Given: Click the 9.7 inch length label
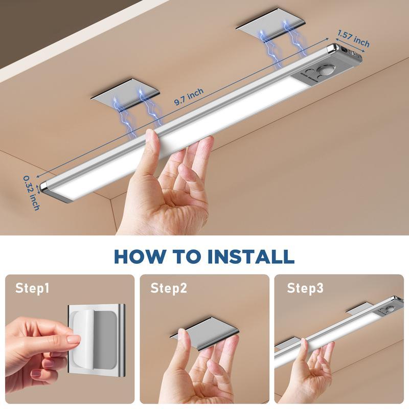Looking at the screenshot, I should pyautogui.click(x=189, y=96).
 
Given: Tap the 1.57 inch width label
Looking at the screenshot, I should pyautogui.click(x=353, y=37).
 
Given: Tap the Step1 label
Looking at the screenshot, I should pyautogui.click(x=32, y=288).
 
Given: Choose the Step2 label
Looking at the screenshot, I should pyautogui.click(x=168, y=288).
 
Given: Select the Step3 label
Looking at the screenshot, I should pyautogui.click(x=305, y=288).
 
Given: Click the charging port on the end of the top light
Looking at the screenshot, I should pyautogui.click(x=351, y=53).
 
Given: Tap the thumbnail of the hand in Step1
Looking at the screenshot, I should pyautogui.click(x=73, y=339).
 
